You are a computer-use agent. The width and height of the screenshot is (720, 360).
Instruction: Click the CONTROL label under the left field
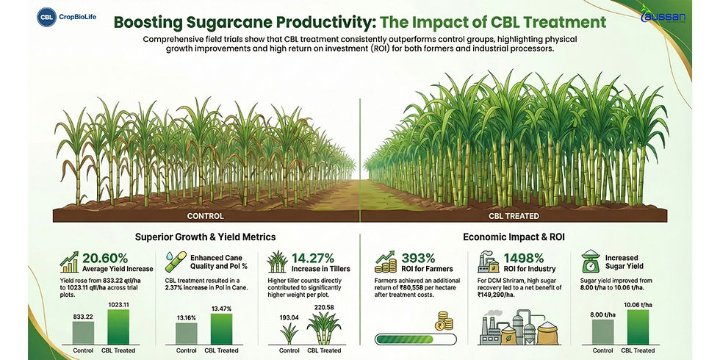click(206, 216)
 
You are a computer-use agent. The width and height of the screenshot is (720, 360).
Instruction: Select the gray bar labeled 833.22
click(83, 331)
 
